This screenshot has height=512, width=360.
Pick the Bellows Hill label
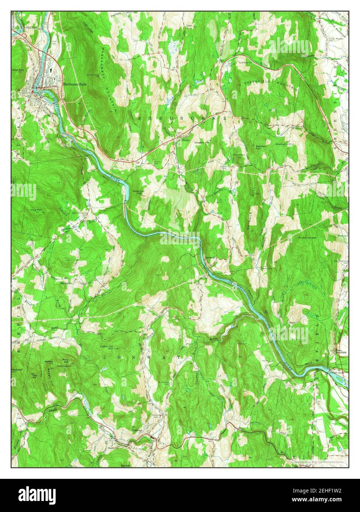tap(261, 147)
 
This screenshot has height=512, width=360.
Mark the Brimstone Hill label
tap(239, 157)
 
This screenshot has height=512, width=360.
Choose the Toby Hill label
tap(34, 376)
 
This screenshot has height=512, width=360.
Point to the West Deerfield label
tap(339, 351)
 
